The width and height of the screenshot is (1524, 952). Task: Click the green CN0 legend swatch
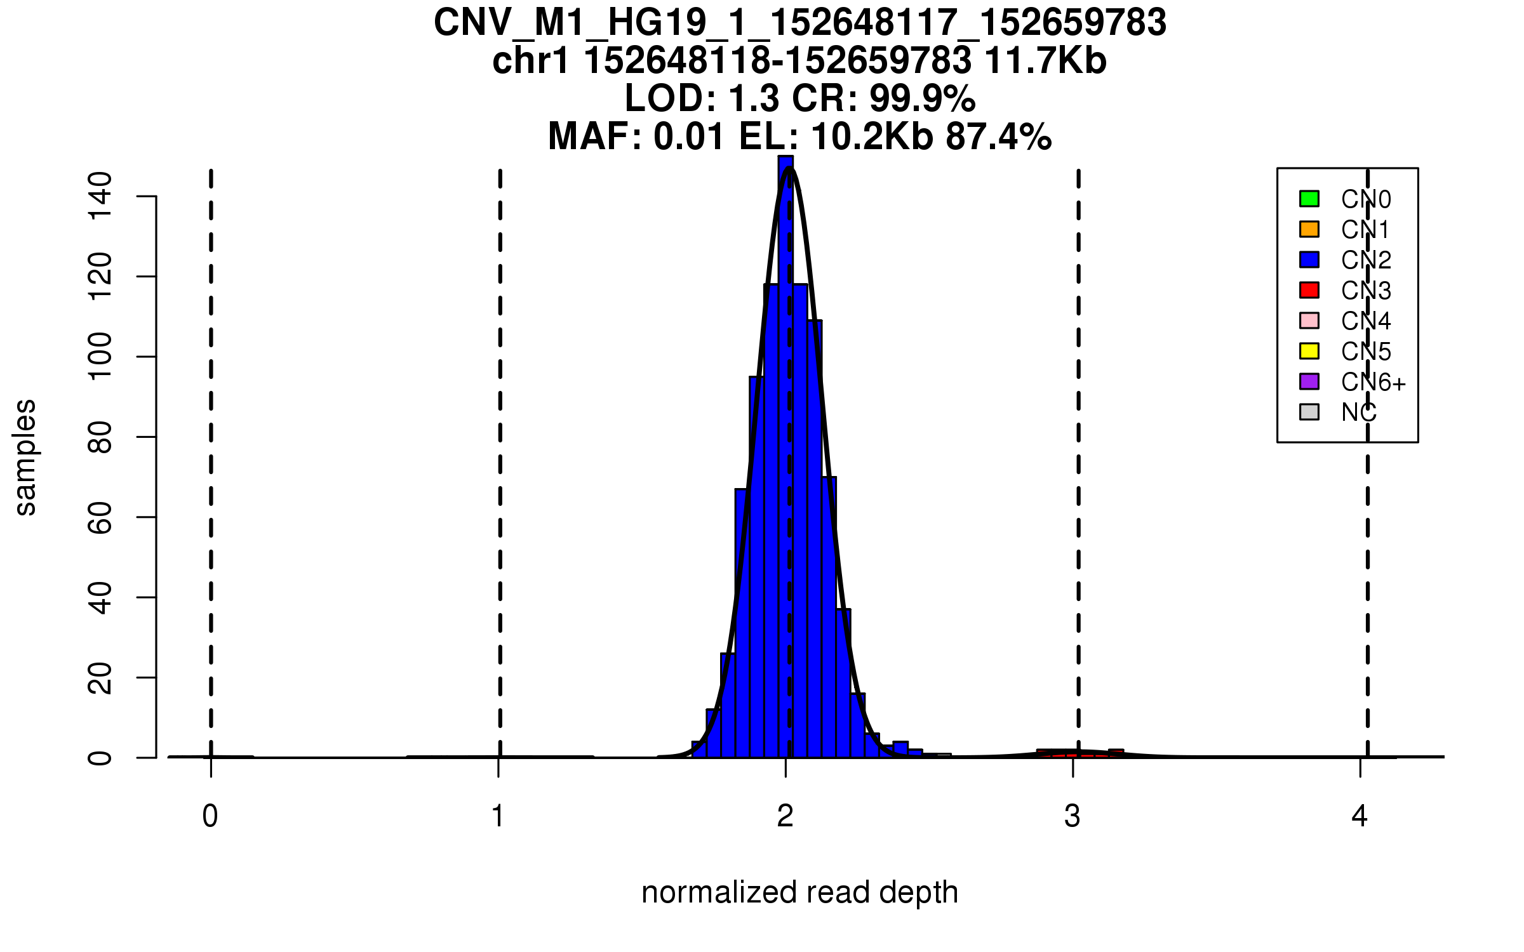click(x=1309, y=199)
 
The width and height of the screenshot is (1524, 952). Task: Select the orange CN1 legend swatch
click(x=1309, y=229)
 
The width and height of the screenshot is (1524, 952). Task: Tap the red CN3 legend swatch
click(x=1309, y=290)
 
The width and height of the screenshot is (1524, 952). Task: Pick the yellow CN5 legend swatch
click(x=1309, y=351)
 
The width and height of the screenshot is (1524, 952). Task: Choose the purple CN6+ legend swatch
click(x=1309, y=381)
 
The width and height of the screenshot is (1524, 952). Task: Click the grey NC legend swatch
click(x=1309, y=412)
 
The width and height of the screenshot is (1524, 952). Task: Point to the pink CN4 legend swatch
click(x=1309, y=321)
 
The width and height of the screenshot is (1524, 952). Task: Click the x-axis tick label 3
click(x=1073, y=816)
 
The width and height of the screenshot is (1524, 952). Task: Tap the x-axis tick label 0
click(x=210, y=816)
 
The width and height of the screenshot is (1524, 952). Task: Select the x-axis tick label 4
click(x=1360, y=816)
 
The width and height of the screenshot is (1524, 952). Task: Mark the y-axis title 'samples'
click(x=25, y=458)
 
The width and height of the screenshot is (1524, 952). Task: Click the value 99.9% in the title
click(x=922, y=98)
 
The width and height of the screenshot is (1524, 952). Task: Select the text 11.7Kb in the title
click(x=1045, y=61)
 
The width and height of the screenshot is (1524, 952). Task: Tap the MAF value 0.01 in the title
click(x=689, y=136)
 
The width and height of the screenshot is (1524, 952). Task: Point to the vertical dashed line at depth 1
click(x=500, y=444)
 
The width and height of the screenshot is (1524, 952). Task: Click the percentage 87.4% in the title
click(x=998, y=136)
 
